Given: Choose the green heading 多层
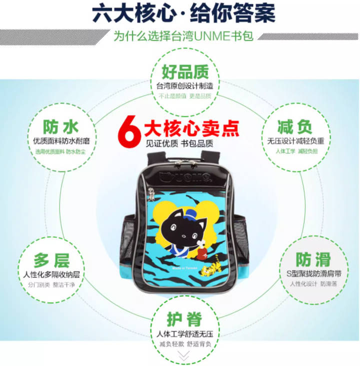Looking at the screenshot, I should click(x=51, y=261).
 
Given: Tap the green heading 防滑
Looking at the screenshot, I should click(x=312, y=259).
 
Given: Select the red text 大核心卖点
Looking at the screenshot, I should click(x=191, y=129).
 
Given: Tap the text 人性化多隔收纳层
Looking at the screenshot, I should click(x=51, y=275).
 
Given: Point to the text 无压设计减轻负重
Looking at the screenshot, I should click(x=295, y=141).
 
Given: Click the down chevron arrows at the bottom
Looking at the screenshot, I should click(x=183, y=356).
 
